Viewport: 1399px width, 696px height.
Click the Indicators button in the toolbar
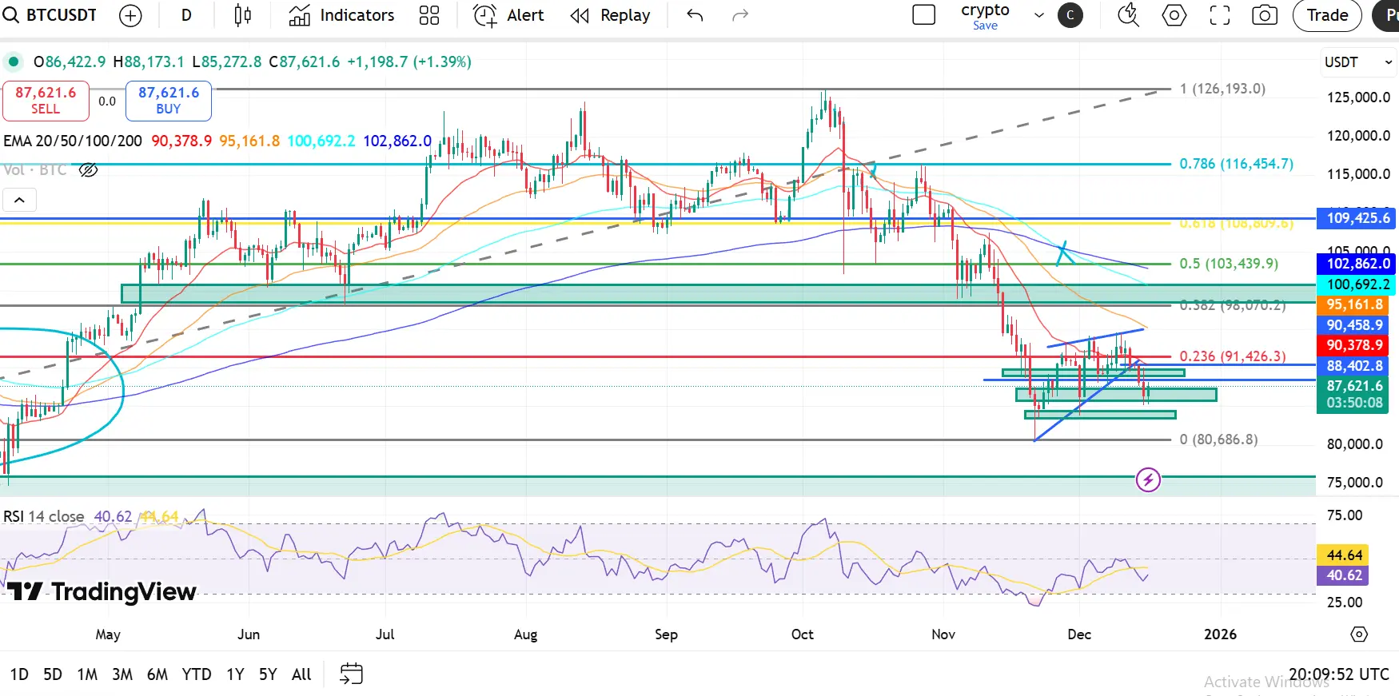[x=342, y=15]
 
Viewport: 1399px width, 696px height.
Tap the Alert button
[x=509, y=15]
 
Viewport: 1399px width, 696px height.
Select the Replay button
[x=610, y=15]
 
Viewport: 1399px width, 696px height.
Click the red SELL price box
[x=46, y=101]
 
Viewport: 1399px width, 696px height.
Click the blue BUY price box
[x=169, y=101]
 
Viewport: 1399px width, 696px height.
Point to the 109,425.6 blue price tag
[x=1357, y=218]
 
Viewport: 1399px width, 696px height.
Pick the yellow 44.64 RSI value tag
[x=1344, y=555]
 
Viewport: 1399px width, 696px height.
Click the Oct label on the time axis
[x=802, y=634]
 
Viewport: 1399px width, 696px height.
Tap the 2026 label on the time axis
[x=1220, y=634]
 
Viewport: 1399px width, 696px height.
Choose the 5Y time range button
[x=268, y=674]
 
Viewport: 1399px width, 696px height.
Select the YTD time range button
[x=197, y=674]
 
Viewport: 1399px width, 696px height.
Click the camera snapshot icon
[x=1264, y=15]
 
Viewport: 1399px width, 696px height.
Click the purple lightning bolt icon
[x=1148, y=480]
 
